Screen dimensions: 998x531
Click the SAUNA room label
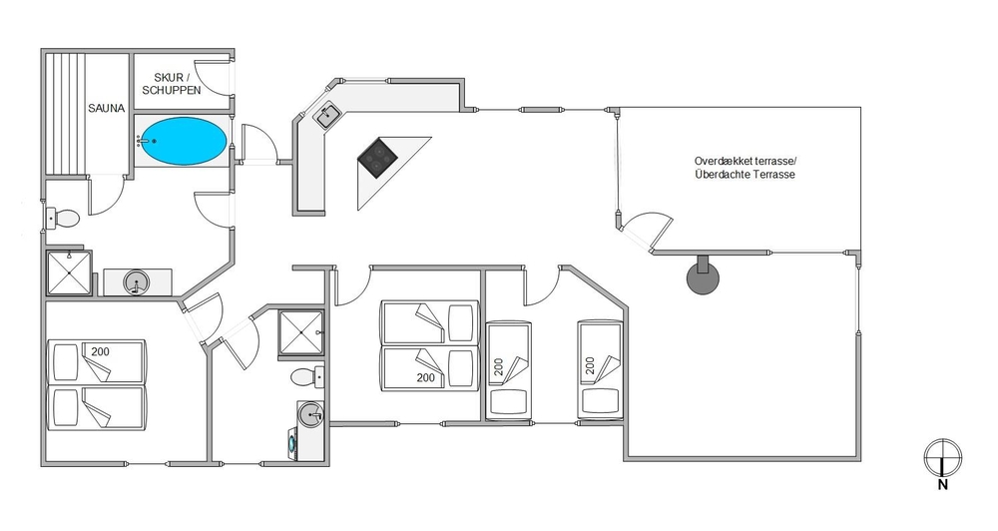[107, 108]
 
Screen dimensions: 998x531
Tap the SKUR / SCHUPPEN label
[172, 85]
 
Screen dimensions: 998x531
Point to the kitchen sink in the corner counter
[328, 115]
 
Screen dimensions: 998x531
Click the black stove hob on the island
[377, 158]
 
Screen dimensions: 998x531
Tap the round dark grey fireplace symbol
[703, 274]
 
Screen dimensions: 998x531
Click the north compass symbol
[943, 457]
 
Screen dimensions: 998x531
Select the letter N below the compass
[943, 485]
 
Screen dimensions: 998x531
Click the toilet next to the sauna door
[62, 219]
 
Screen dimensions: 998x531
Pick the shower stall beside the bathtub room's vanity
[70, 273]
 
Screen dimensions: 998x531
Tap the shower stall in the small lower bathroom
[301, 333]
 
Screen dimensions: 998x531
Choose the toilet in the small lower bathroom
[307, 377]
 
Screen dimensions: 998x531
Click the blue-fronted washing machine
[292, 441]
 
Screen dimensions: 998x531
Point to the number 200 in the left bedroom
[100, 351]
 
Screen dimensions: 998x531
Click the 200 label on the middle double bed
[426, 377]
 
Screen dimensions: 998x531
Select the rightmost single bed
[599, 370]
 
